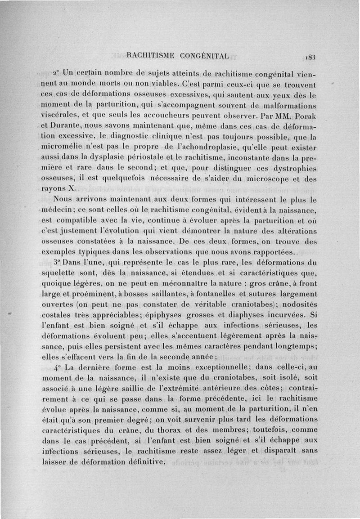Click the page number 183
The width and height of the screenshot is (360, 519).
(x=311, y=57)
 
